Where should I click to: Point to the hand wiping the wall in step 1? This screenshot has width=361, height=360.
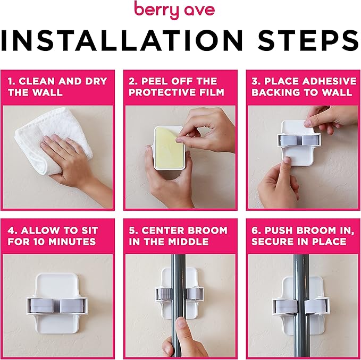72,159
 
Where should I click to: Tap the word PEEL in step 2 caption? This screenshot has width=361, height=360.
154,81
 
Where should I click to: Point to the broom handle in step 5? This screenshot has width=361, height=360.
179,276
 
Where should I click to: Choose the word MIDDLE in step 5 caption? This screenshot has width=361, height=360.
184,242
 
